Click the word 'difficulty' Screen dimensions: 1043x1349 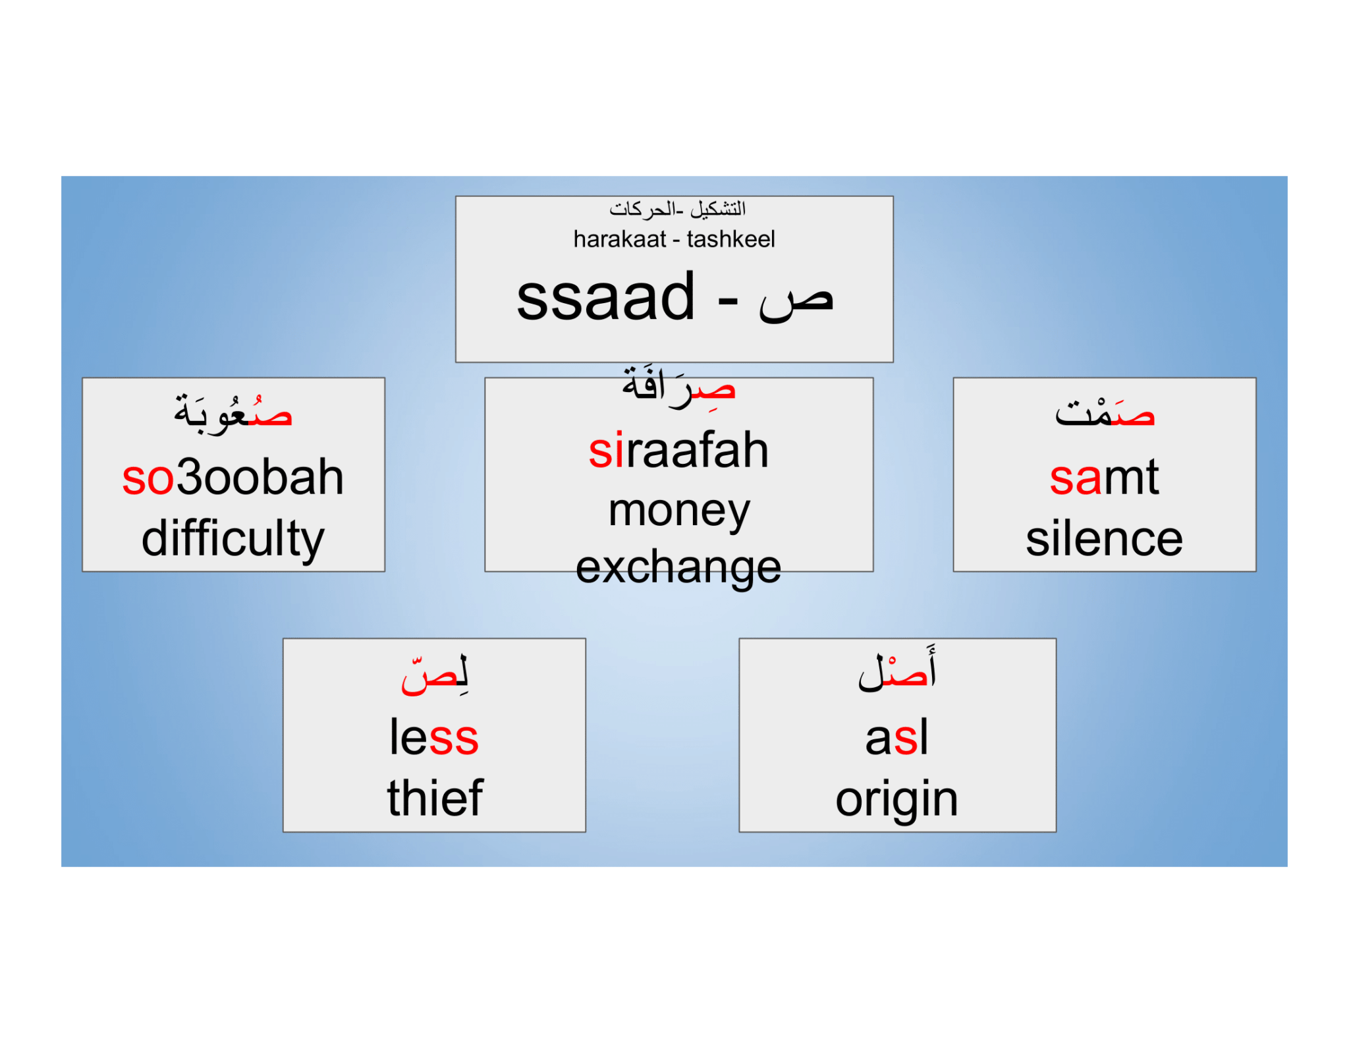[x=233, y=539]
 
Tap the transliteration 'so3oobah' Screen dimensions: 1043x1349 [x=233, y=477]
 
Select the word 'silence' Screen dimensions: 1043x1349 [x=1104, y=539]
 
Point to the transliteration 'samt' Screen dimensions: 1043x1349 [x=1104, y=477]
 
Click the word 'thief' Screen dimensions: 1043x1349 [x=435, y=798]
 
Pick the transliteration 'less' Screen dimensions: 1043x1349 [x=434, y=737]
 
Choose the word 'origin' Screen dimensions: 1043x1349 [x=896, y=799]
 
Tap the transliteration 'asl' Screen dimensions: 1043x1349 [x=896, y=737]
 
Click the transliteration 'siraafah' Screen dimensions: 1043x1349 [x=678, y=451]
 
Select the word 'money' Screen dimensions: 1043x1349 [x=678, y=511]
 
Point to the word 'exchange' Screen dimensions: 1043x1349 [x=678, y=567]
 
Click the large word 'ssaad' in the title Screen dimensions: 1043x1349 [x=606, y=298]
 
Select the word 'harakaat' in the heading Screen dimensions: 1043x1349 [x=620, y=239]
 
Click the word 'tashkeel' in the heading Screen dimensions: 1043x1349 [x=730, y=239]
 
